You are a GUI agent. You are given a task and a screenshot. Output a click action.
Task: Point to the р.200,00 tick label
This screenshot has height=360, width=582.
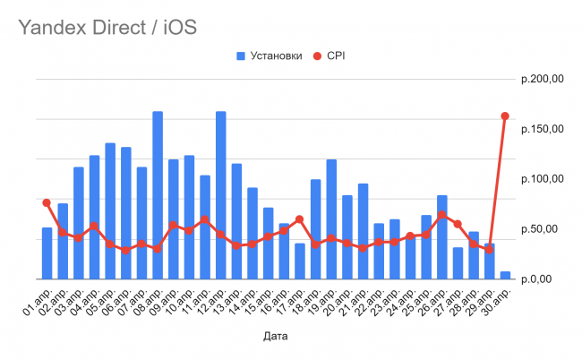[x=542, y=80]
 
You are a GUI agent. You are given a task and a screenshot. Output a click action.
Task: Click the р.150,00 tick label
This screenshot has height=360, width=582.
[x=542, y=129]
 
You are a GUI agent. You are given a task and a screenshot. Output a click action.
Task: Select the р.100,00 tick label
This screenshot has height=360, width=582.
[x=542, y=179]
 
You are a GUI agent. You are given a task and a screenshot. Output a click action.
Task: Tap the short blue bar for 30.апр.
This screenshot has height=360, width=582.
[x=505, y=274]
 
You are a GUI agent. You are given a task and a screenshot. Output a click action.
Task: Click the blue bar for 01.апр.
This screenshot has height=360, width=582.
[x=47, y=255]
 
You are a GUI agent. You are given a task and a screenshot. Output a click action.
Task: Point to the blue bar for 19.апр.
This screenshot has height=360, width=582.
[x=331, y=219]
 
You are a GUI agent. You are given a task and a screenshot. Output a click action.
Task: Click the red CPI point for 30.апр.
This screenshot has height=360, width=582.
[x=505, y=116]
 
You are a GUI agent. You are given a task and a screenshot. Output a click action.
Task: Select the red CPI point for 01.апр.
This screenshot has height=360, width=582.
[x=47, y=202]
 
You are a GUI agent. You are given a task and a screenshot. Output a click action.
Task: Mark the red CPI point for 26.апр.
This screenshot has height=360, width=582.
[x=442, y=215]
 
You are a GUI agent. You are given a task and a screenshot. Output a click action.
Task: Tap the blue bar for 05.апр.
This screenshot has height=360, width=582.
[x=110, y=210]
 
